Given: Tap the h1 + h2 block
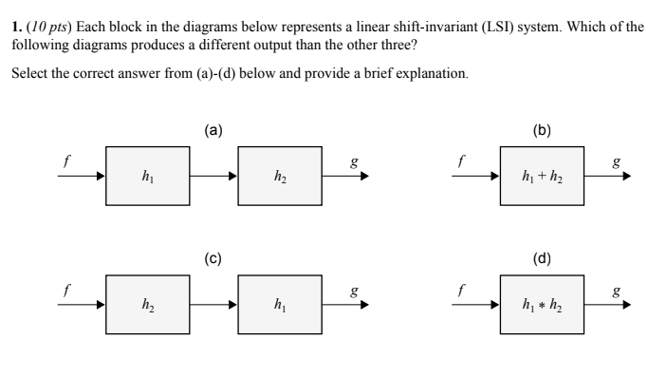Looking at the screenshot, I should pos(542,176).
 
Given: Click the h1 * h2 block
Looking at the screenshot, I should pos(542,305).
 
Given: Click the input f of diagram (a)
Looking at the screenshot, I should pos(65,161).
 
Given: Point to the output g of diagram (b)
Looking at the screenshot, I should pos(614,161).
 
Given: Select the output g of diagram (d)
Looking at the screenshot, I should pos(614,291).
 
